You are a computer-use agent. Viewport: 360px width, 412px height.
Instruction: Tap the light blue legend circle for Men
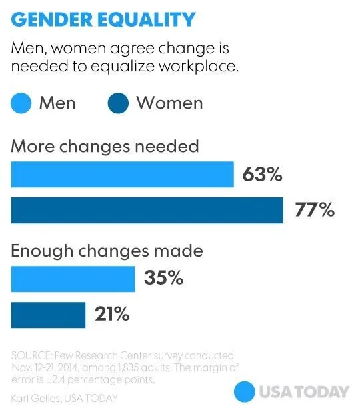tap(22, 104)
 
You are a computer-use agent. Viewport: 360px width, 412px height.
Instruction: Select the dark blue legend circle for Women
tap(118, 104)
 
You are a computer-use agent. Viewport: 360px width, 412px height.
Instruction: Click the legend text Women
tap(169, 103)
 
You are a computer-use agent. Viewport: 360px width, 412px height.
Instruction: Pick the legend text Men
tap(57, 103)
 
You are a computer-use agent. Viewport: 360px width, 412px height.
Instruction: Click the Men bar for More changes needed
tap(122, 175)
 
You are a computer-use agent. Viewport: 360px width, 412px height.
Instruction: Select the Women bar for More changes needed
tap(147, 210)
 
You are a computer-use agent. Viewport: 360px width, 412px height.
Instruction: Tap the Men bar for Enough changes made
tap(73, 278)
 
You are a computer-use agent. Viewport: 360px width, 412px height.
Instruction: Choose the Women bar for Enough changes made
tap(48, 314)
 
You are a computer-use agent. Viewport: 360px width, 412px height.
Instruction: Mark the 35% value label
tap(163, 278)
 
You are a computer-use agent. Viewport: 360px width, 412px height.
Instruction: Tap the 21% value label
tap(111, 314)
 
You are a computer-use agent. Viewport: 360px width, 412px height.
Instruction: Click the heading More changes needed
tap(105, 146)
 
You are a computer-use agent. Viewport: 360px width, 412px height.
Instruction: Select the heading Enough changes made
tap(107, 251)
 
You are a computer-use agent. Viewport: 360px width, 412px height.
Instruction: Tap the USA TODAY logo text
tap(303, 391)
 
